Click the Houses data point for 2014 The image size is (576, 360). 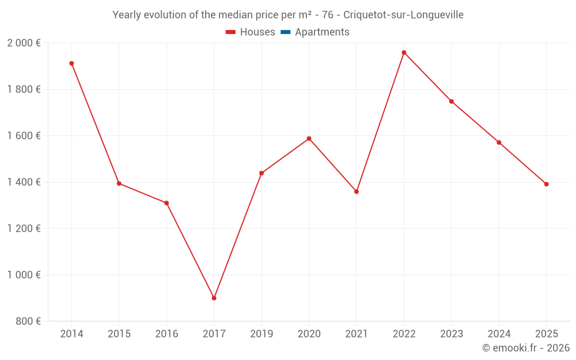(x=71, y=63)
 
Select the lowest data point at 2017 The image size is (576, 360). (x=214, y=298)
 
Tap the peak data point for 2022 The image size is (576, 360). (x=404, y=52)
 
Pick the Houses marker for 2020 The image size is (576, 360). (x=309, y=138)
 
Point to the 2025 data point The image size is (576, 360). (x=546, y=184)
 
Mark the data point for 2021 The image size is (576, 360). (x=357, y=191)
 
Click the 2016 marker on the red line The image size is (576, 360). (x=166, y=203)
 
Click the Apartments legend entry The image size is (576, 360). (x=322, y=32)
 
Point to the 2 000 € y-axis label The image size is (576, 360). (x=24, y=43)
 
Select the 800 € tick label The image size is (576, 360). (x=28, y=321)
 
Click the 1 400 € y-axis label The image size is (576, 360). (x=24, y=182)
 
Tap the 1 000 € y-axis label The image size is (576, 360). (x=24, y=275)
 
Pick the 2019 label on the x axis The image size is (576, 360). (x=262, y=334)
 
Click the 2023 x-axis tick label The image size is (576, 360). (x=451, y=334)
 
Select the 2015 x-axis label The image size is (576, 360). (x=119, y=334)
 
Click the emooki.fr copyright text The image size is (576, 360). (x=525, y=348)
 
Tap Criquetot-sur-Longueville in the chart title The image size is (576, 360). (x=403, y=15)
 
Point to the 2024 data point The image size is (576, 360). (x=499, y=142)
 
